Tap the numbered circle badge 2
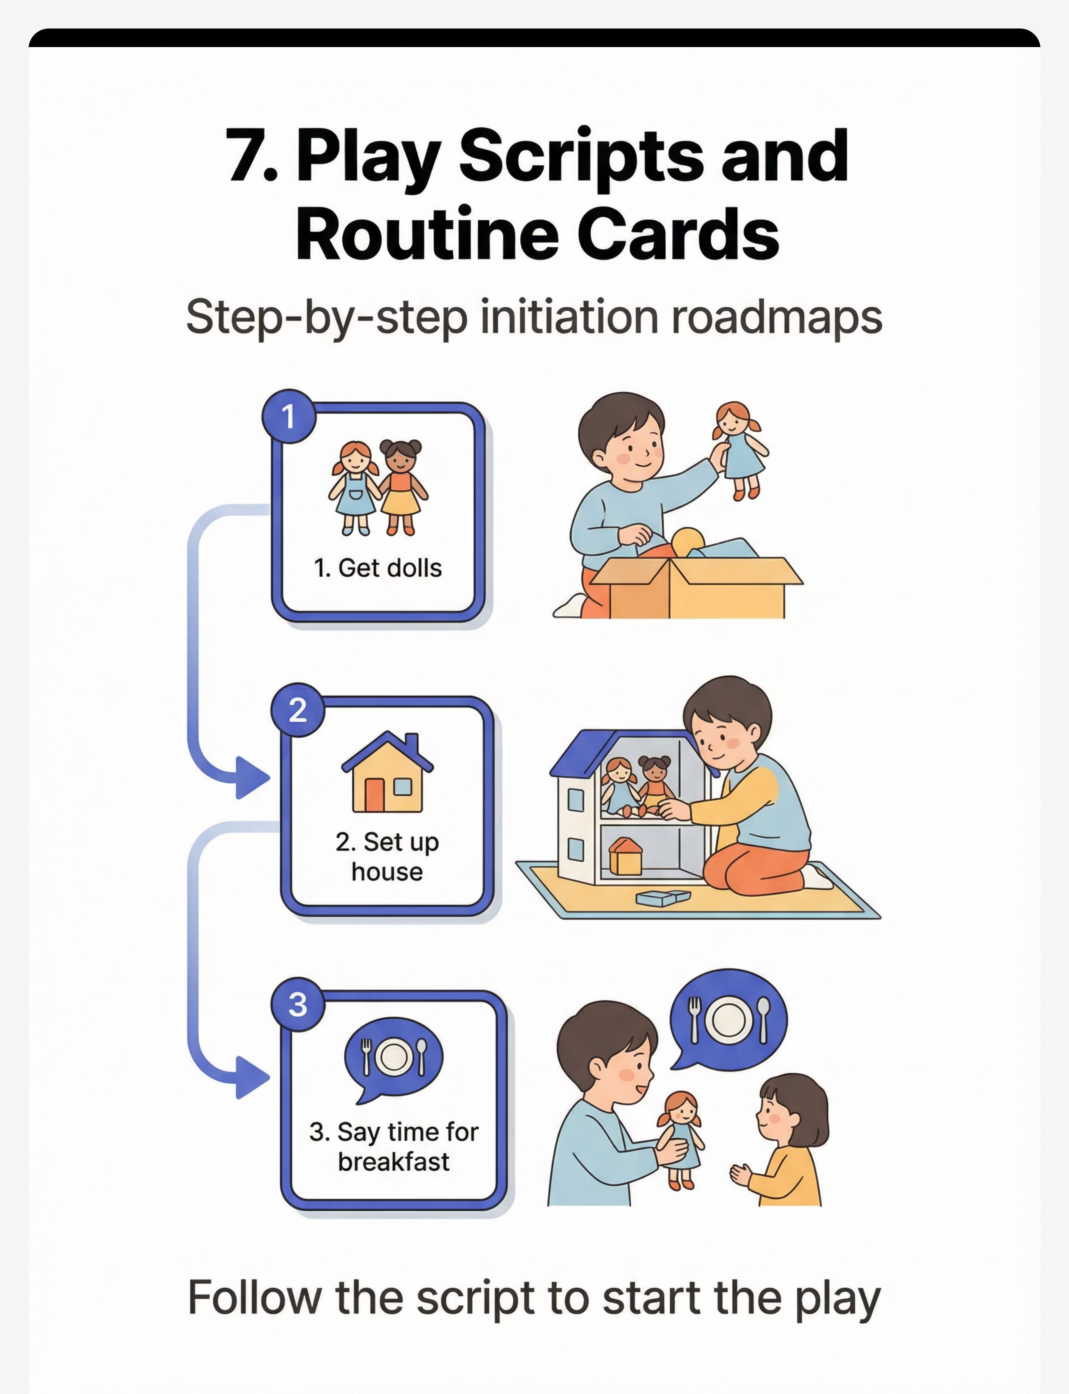point(298,710)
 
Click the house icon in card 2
point(387,772)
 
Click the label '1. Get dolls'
point(378,568)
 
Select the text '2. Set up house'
point(387,857)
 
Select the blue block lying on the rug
point(663,897)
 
